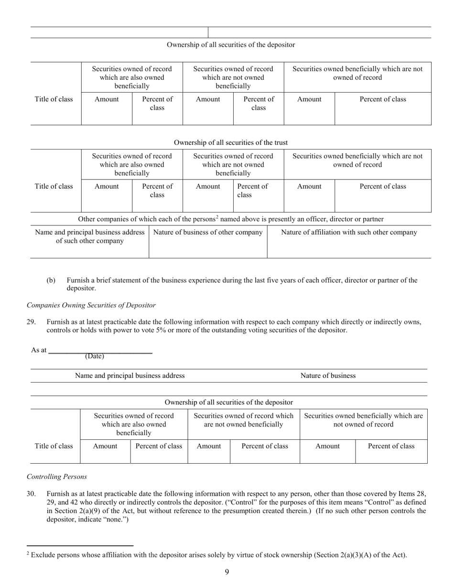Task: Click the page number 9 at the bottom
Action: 227,572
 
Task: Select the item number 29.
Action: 31,322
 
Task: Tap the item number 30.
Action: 31,494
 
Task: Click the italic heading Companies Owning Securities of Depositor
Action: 91,305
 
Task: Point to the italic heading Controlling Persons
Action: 57,477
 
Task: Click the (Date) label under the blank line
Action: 94,356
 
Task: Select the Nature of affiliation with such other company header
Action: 349,233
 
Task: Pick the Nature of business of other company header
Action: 208,233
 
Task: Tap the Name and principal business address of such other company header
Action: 90,236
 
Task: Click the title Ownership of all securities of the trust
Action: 231,142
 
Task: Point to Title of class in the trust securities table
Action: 54,186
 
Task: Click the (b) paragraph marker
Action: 51,280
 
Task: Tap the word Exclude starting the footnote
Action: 43,555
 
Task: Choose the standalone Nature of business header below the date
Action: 328,376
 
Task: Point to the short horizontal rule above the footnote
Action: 80,545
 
